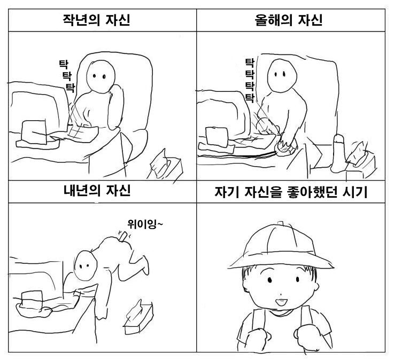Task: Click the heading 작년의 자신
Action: point(96,20)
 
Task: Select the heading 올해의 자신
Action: point(289,20)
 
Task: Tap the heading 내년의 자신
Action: point(97,191)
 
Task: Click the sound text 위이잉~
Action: point(145,224)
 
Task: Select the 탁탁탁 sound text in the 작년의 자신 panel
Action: point(67,76)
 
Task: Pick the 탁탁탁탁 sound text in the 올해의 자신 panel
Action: point(250,80)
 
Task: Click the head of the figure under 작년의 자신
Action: point(101,76)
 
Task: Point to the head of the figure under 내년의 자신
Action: point(86,265)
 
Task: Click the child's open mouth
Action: point(281,301)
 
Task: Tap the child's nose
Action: point(281,294)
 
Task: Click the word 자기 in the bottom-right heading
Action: point(226,192)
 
